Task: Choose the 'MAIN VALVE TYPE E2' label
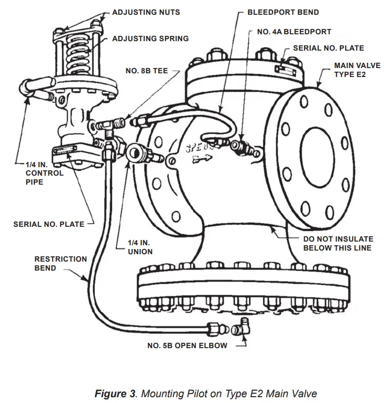(x=357, y=70)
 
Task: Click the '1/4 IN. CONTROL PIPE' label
(x=45, y=173)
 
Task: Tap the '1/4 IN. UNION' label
(x=140, y=246)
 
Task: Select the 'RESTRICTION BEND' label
(x=61, y=264)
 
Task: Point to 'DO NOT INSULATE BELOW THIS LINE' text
(x=338, y=243)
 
